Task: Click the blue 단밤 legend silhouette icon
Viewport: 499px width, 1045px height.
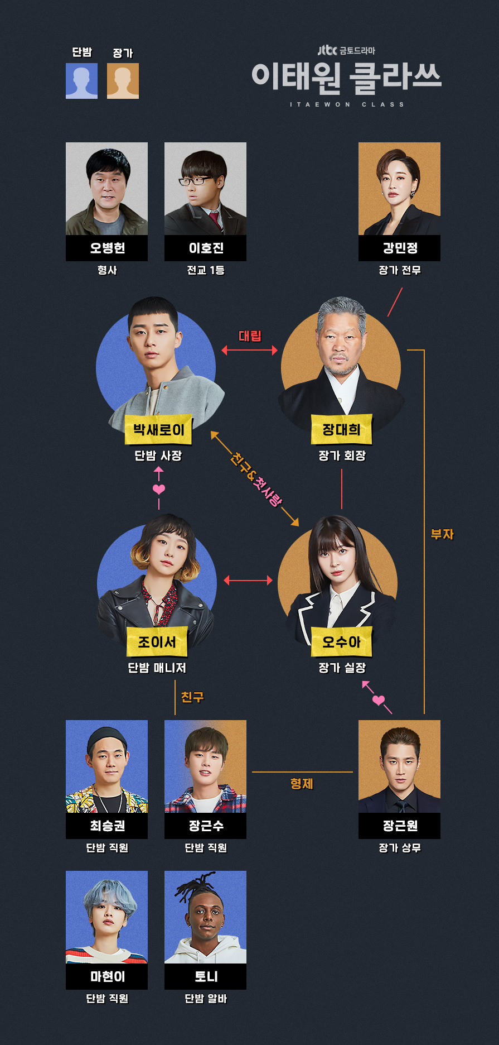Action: click(x=81, y=80)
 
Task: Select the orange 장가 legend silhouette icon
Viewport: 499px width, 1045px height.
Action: click(x=123, y=80)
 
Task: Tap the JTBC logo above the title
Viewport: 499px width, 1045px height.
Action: click(x=327, y=50)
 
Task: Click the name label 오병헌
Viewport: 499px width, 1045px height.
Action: click(x=107, y=248)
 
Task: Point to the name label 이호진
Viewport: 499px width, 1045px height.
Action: click(x=206, y=248)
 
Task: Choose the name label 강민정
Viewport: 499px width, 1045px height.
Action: click(x=399, y=248)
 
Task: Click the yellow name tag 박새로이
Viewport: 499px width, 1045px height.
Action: click(x=158, y=430)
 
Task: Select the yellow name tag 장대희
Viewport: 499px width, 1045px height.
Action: click(x=341, y=429)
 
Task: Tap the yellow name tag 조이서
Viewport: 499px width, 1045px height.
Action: click(x=157, y=642)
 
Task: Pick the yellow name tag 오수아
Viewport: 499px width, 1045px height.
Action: click(x=341, y=642)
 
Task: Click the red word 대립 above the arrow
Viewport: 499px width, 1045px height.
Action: click(x=250, y=335)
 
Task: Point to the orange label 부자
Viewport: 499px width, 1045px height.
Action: click(x=442, y=534)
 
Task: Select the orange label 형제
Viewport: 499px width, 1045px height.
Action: click(x=302, y=784)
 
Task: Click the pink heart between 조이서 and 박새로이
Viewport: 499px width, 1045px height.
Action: click(x=159, y=489)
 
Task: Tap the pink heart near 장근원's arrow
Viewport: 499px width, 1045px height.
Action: click(x=379, y=700)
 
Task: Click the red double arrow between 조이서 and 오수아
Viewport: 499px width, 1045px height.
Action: click(x=248, y=581)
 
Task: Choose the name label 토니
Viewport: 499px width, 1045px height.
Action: click(x=206, y=977)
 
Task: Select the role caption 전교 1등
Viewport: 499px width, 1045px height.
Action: click(x=206, y=270)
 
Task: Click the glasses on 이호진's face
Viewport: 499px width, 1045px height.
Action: click(x=195, y=181)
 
